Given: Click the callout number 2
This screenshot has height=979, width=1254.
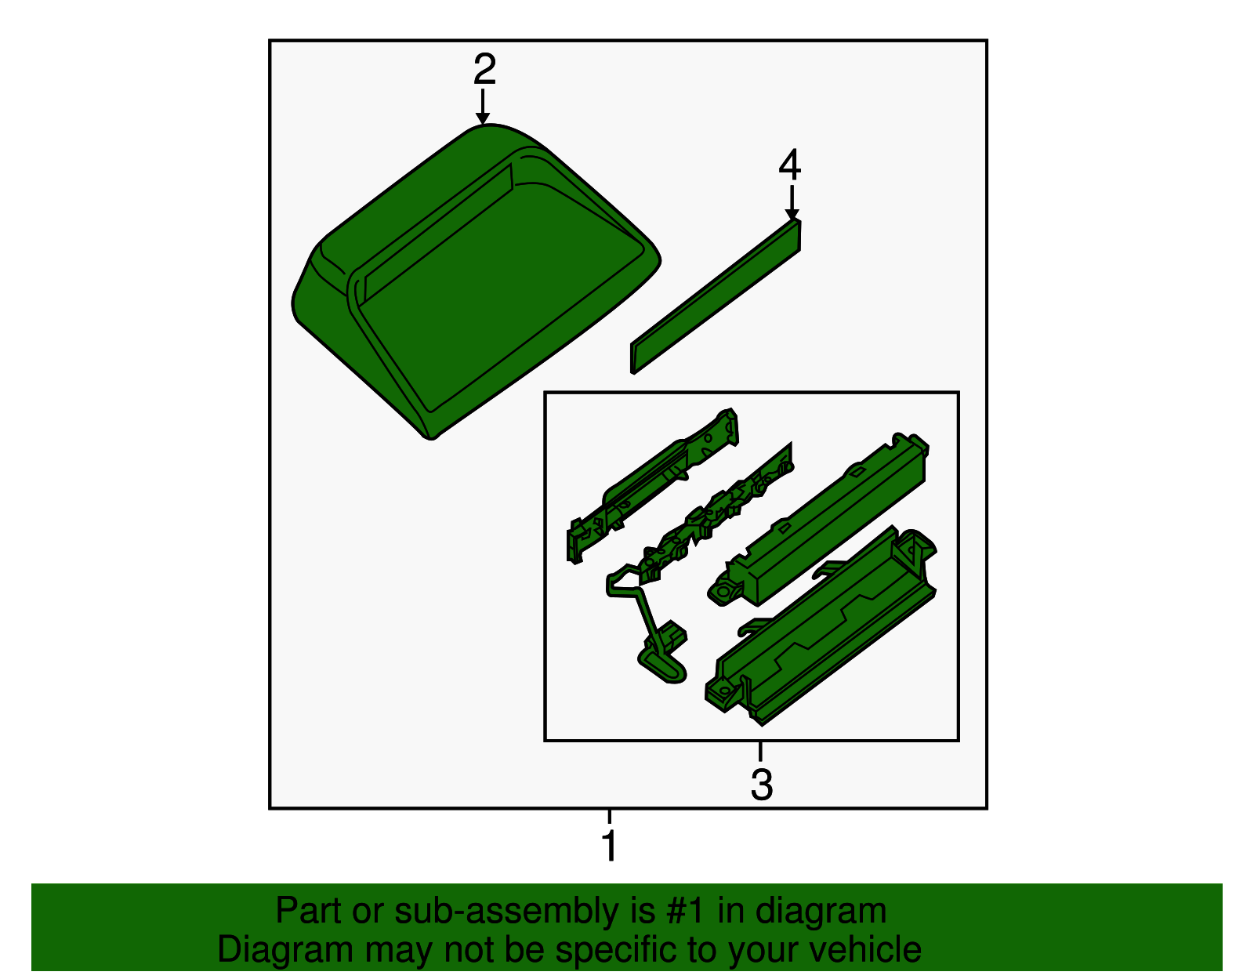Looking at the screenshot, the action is [484, 69].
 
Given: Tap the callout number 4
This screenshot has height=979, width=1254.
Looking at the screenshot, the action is [789, 165].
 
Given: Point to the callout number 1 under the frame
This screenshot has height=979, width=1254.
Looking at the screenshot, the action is [610, 845].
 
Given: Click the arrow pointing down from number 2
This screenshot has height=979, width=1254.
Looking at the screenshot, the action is [483, 107].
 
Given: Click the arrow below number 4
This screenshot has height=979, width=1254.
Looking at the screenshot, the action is [792, 202].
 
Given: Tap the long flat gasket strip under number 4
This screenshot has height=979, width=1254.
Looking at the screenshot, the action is [716, 296].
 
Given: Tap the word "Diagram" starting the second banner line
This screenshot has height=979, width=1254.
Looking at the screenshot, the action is [285, 949].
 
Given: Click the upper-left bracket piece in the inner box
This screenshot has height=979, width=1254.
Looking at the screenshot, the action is [652, 484].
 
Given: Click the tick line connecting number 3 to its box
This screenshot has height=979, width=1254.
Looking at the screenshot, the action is [760, 751].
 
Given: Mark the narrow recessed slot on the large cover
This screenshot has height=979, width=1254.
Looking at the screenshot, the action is [437, 233].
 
